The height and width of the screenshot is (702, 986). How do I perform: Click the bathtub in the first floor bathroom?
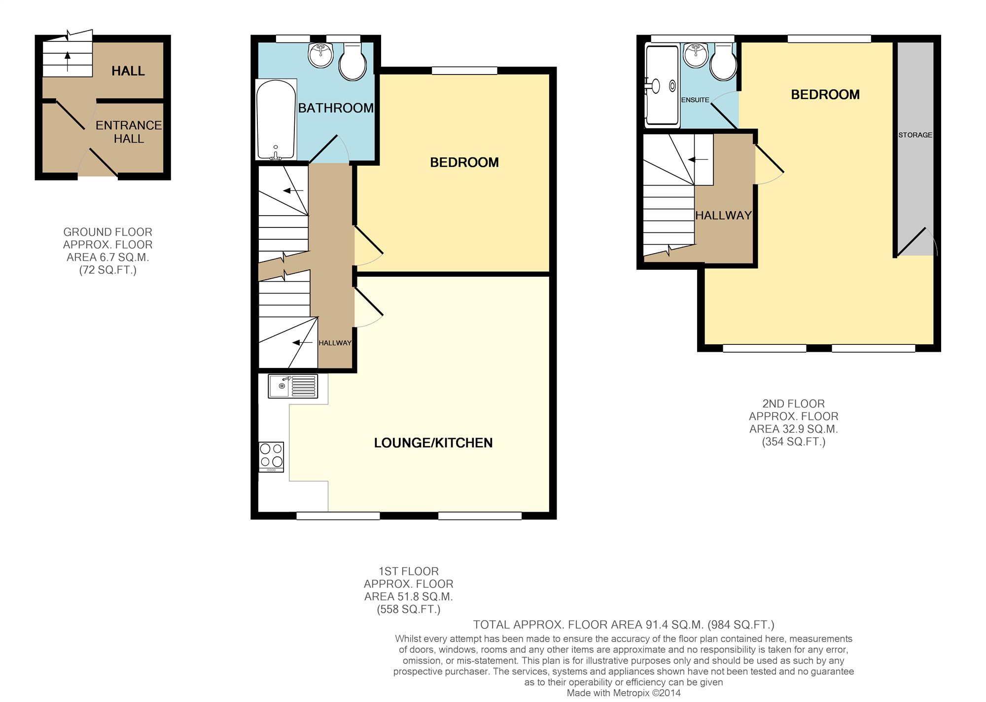(x=276, y=120)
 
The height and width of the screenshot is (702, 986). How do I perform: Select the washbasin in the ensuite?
(x=696, y=55)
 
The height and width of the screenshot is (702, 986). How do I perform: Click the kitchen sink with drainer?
(x=293, y=386)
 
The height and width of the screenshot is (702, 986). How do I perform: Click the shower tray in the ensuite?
(x=662, y=85)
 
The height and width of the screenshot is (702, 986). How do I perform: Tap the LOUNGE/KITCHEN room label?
(x=433, y=443)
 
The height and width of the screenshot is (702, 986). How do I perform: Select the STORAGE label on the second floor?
(x=915, y=135)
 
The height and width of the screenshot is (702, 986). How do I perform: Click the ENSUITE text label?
(x=695, y=100)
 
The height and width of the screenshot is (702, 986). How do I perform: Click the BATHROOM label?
(x=336, y=108)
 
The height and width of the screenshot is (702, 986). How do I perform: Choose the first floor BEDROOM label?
(x=464, y=162)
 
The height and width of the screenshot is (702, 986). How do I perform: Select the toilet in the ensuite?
(x=723, y=63)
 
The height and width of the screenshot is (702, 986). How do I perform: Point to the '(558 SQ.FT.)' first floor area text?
(x=408, y=610)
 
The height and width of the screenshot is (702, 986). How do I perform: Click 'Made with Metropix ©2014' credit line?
(x=623, y=693)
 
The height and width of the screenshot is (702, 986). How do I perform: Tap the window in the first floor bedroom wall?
(x=464, y=71)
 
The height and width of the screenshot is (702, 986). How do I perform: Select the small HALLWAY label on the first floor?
(x=335, y=343)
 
